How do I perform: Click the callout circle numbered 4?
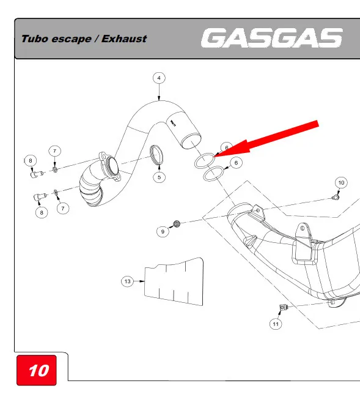[159, 78]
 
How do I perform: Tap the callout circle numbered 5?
[159, 177]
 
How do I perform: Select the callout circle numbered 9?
[163, 231]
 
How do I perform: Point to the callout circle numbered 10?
[341, 183]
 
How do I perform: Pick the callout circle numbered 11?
[276, 324]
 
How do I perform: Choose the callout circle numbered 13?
[128, 281]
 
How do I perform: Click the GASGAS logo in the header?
[271, 38]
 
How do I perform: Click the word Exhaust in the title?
[124, 39]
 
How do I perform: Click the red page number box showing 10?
[37, 370]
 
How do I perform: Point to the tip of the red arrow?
[214, 157]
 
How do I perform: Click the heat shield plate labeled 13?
[174, 281]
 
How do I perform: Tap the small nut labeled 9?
[177, 223]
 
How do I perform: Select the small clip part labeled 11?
[283, 307]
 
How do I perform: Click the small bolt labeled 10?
[336, 198]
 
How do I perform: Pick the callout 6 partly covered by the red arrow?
[226, 147]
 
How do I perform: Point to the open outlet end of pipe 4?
[191, 141]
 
